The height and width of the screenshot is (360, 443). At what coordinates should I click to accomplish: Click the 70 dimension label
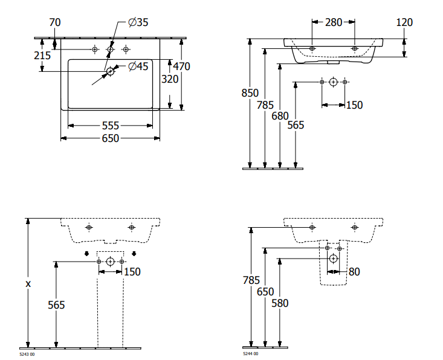(x=56, y=22)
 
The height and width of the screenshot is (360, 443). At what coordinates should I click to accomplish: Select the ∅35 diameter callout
(x=138, y=22)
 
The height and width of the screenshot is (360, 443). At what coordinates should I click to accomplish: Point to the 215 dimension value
(x=42, y=54)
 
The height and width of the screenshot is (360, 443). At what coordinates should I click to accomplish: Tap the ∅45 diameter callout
(x=138, y=66)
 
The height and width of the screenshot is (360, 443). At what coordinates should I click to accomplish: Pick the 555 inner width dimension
(x=110, y=126)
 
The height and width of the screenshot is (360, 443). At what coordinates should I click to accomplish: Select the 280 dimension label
(x=334, y=22)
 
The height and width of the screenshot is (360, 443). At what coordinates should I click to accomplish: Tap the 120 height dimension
(x=404, y=22)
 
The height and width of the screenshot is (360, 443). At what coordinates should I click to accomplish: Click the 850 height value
(x=250, y=93)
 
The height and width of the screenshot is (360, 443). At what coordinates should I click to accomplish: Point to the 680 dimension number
(x=280, y=115)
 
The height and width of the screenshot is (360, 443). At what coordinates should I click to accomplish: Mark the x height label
(x=28, y=283)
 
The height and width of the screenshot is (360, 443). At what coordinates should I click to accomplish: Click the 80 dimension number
(x=354, y=272)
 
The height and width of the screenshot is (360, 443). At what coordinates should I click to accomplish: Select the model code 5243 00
(x=27, y=354)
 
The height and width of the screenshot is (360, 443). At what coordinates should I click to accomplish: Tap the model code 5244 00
(x=250, y=354)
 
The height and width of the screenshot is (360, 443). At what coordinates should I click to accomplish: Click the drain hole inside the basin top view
(x=110, y=72)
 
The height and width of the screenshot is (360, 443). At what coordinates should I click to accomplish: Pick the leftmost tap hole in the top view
(x=94, y=49)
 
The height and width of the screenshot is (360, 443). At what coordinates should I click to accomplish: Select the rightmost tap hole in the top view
(x=126, y=49)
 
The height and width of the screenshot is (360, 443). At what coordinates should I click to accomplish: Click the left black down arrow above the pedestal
(x=86, y=253)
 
